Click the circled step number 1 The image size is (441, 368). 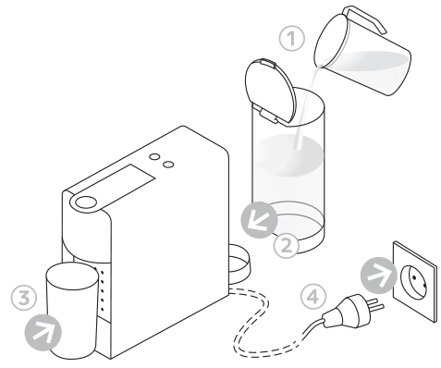[291, 39]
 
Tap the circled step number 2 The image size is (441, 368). [287, 246]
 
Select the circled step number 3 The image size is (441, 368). [24, 298]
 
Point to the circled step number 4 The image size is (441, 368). [313, 297]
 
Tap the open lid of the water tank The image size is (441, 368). [271, 91]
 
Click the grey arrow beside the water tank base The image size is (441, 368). [259, 220]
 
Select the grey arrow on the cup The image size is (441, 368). [43, 332]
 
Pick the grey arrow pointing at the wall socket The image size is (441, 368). [379, 275]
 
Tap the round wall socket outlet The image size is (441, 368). [413, 281]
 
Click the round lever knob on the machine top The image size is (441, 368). [86, 202]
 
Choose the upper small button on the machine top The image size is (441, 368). [154, 156]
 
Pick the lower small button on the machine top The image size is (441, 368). [168, 165]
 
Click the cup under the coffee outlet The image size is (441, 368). [71, 311]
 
